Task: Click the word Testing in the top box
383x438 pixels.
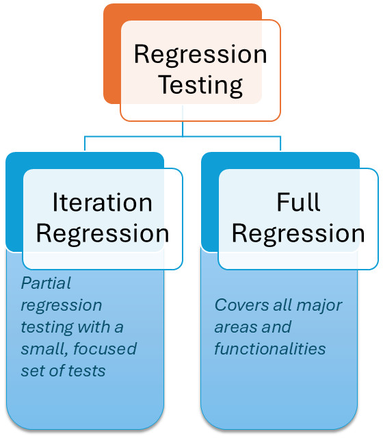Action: [200, 85]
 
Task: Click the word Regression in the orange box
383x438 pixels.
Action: [200, 55]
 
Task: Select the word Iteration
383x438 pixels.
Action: [103, 203]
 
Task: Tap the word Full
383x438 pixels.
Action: [298, 202]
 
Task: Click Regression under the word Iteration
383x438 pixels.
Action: [103, 233]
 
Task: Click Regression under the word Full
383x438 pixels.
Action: [298, 233]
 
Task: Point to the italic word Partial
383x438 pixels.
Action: [46, 283]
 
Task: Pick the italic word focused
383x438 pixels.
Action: [105, 348]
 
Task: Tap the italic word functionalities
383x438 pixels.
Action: [270, 348]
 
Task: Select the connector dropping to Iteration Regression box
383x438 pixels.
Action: [85, 144]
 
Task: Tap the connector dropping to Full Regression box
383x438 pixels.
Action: [280, 144]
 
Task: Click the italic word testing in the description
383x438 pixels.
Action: [47, 328]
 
